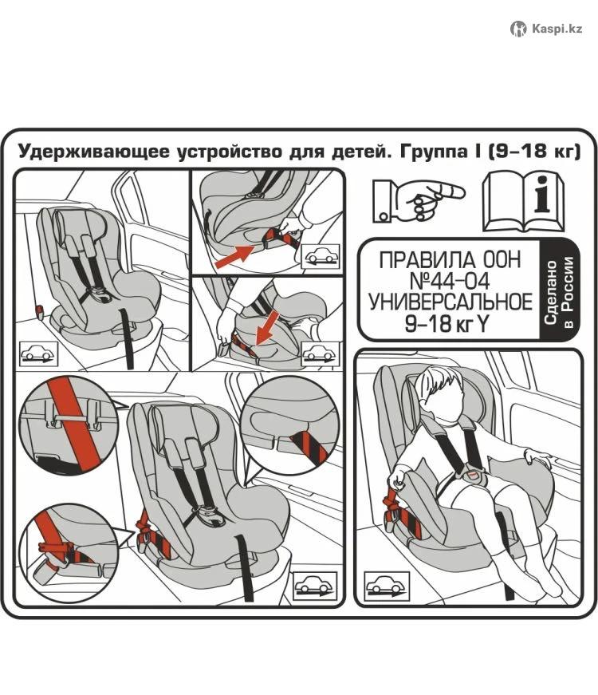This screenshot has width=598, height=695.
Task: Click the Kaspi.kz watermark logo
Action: tap(547, 29)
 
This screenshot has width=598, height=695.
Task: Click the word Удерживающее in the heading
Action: tap(94, 152)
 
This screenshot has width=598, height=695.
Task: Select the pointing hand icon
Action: tap(419, 201)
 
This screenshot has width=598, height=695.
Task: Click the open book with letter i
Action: tap(524, 202)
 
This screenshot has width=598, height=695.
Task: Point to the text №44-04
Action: tap(450, 281)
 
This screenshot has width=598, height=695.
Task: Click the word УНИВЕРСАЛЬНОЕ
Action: tap(450, 302)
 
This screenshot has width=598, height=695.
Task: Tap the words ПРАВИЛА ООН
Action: tap(450, 260)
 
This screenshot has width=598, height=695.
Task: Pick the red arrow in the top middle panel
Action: tap(234, 256)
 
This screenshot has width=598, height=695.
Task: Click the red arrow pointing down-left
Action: tap(268, 328)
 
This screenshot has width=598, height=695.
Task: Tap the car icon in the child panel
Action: tap(387, 586)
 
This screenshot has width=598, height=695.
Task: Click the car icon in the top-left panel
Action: tap(38, 353)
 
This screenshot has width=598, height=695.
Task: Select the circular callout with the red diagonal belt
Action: tap(69, 425)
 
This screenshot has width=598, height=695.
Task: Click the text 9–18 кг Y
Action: tap(447, 325)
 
